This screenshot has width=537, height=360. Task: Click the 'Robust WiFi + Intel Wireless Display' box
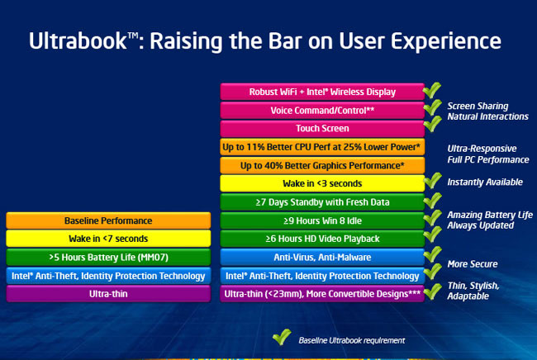321,92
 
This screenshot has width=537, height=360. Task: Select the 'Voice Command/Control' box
321,110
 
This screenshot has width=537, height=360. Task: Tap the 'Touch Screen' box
321,128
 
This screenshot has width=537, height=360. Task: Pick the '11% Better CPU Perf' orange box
321,147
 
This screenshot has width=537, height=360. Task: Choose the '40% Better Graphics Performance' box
321,165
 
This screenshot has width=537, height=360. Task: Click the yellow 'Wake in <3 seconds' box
321,183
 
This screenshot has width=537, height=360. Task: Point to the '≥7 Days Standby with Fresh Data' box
321,201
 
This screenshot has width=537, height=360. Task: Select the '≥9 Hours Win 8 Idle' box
321,220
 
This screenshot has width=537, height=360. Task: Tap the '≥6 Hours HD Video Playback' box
321,239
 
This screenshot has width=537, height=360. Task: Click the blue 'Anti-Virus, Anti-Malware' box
321,257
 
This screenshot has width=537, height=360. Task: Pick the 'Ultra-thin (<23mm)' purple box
321,293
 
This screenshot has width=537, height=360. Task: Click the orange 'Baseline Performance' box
108,220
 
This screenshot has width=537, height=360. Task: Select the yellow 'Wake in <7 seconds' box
108,239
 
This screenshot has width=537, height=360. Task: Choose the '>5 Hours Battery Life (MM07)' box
108,257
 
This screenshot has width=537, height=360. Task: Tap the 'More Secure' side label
472,264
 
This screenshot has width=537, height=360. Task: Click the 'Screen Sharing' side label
478,106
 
